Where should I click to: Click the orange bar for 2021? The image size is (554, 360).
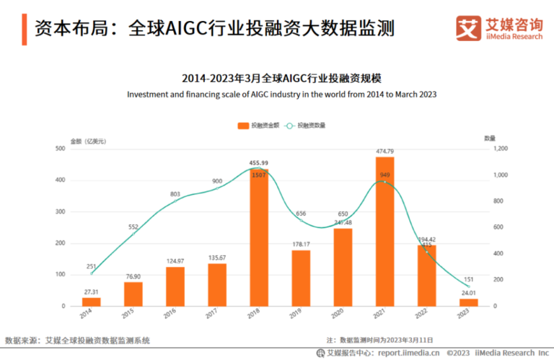point(384,231)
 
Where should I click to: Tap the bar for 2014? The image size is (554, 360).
point(92,302)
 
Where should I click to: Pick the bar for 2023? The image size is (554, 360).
point(468,302)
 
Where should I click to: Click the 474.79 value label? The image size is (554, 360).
point(384,151)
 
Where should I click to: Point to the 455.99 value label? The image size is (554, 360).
point(259,163)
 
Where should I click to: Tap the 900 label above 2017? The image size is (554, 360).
point(217,181)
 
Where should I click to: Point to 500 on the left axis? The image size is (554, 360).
point(61,149)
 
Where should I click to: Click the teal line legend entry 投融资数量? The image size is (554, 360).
point(307,126)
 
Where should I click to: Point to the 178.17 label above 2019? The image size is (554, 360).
point(301,244)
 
